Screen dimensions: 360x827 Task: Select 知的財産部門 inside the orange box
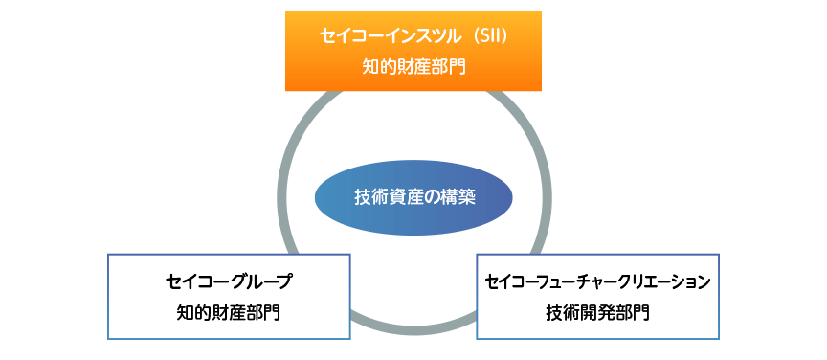click(413, 67)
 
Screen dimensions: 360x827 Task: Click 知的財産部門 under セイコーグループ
click(228, 312)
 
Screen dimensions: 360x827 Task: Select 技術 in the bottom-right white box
click(563, 312)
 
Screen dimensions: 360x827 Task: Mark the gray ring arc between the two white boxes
click(413, 329)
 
